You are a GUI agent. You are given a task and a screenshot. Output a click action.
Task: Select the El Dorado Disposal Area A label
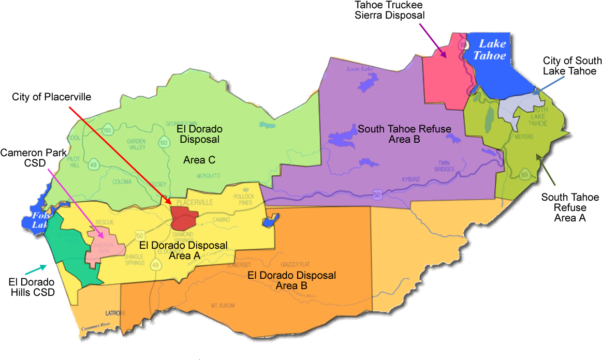183,250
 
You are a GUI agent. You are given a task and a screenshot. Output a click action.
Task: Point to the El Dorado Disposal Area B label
291,280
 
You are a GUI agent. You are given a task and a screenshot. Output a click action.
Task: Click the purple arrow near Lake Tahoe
433,40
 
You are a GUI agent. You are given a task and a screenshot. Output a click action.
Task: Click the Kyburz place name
410,179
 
